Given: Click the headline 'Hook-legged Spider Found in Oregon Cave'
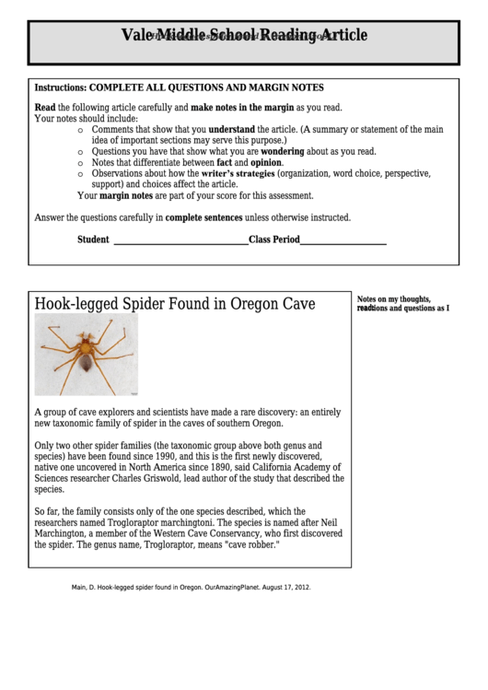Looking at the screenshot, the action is pyautogui.click(x=175, y=303).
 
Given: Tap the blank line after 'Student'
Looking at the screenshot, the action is pyautogui.click(x=180, y=240).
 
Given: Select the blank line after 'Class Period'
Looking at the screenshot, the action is pyautogui.click(x=343, y=240).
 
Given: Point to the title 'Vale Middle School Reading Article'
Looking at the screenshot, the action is pyautogui.click(x=244, y=36).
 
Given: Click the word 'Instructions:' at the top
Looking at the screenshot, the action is pyautogui.click(x=60, y=88).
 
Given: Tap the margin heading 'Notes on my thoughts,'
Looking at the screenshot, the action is pyautogui.click(x=393, y=299).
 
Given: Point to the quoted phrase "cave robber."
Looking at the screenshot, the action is pyautogui.click(x=250, y=544).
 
